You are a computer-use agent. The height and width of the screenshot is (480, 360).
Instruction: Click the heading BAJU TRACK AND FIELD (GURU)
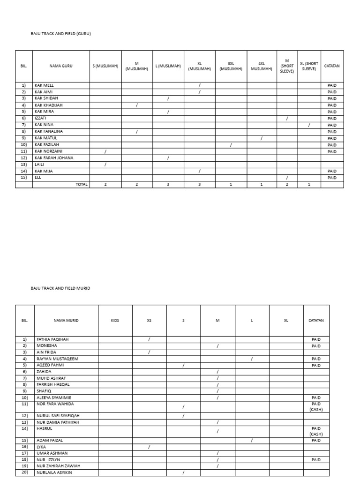point(60,34)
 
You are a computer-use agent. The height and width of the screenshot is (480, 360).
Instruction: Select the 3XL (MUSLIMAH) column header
point(231,66)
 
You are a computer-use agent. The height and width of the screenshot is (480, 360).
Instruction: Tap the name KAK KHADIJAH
point(49,105)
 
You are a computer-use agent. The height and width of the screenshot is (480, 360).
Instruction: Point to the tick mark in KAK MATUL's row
point(262,138)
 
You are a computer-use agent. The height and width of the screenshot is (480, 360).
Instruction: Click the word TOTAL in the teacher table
point(82,185)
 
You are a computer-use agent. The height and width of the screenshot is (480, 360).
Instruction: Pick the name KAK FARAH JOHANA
point(54,158)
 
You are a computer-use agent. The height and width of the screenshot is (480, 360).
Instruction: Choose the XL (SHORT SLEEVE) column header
point(309,66)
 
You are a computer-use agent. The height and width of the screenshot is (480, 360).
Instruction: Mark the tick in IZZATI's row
point(287,119)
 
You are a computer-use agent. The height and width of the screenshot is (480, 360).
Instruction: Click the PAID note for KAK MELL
point(332,85)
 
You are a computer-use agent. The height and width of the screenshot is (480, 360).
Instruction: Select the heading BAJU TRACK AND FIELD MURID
point(60,288)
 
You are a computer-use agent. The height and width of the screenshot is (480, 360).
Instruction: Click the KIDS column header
point(115,321)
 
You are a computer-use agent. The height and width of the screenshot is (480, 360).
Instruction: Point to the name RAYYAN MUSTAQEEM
point(57,359)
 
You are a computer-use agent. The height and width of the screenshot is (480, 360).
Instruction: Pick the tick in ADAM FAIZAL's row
point(252,441)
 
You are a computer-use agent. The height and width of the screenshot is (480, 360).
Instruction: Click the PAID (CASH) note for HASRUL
point(316,431)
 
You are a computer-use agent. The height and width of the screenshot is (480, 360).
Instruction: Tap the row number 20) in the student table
point(24,472)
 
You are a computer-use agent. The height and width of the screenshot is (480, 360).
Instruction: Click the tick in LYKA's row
point(149,447)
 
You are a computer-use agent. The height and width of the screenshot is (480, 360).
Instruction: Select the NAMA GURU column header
point(61,66)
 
